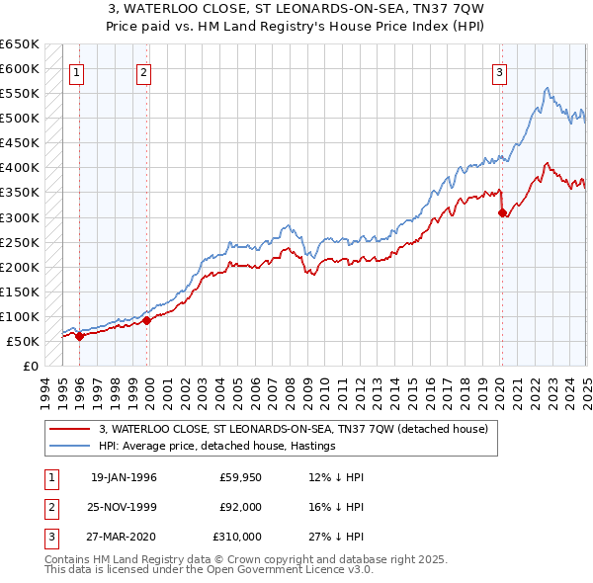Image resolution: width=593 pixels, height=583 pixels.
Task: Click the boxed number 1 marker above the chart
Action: coord(77,72)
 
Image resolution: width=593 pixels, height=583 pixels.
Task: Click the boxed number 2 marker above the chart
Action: coord(143,72)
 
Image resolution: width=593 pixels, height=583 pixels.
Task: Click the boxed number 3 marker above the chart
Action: coord(500,72)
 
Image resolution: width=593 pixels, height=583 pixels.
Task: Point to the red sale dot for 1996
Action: coord(79,336)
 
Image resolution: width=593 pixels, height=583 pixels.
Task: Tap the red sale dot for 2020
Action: coord(502,211)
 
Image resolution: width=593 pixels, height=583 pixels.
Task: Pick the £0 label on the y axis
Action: coord(30,366)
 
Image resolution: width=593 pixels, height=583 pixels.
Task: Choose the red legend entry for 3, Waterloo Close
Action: coord(294,429)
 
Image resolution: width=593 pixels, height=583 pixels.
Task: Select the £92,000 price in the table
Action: coord(240,507)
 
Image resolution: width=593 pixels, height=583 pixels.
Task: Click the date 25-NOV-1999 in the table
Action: coord(123,507)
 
